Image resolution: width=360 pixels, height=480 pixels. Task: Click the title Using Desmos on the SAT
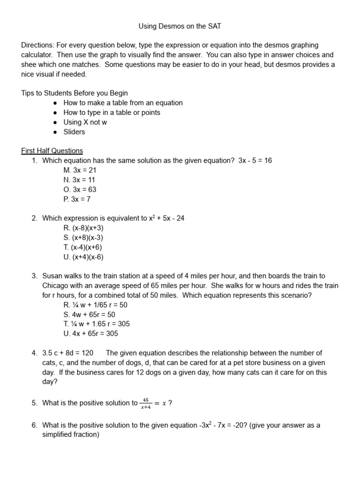180,26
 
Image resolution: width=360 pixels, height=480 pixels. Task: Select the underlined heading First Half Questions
52,151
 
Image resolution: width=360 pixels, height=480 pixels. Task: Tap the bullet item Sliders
74,132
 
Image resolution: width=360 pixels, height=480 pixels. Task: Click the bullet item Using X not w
85,122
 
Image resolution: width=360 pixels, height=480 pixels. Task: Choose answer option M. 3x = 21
80,170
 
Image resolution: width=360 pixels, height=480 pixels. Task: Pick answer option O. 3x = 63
80,189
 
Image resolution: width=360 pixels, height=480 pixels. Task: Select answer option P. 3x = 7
77,199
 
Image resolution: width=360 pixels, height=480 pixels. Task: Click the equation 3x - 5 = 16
255,160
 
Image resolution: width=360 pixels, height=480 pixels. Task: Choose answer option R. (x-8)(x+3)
83,228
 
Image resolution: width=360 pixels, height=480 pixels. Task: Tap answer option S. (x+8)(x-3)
83,238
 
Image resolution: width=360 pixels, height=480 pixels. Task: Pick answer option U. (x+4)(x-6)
83,257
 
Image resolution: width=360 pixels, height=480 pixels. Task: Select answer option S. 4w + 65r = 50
89,315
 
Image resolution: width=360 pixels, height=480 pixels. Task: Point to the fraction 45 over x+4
146,403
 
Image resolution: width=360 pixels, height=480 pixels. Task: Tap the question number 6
34,425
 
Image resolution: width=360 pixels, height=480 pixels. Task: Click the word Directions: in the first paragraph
37,45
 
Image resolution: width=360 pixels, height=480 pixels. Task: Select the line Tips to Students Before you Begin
75,93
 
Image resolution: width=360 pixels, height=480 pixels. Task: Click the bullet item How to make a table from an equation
123,103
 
